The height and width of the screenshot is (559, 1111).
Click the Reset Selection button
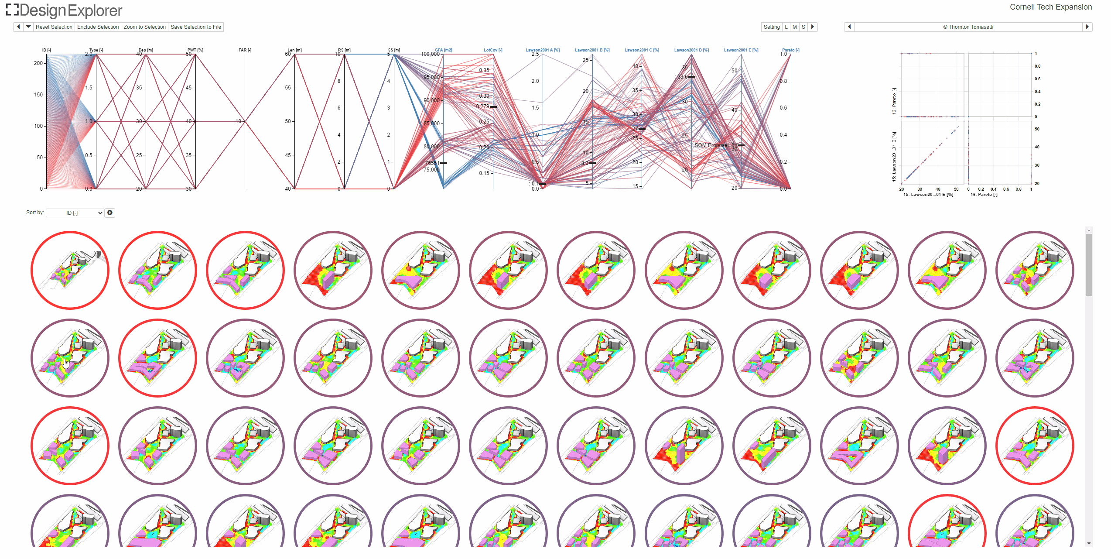pos(54,27)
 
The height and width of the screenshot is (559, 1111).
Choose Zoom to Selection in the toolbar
pos(144,27)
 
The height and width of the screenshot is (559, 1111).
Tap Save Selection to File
pos(196,27)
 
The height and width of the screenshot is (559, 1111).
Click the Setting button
pos(771,27)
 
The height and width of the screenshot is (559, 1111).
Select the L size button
pos(786,27)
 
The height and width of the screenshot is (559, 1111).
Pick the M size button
pos(794,27)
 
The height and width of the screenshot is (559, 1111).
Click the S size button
pos(803,27)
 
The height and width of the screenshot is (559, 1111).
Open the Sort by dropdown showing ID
pos(75,213)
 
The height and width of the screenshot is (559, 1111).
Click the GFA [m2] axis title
pos(443,50)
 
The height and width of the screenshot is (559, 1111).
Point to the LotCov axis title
pos(493,50)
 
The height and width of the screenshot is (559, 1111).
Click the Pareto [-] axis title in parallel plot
pos(790,50)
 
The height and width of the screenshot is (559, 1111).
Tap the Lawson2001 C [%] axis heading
pos(642,50)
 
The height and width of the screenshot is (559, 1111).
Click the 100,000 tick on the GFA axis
pos(430,54)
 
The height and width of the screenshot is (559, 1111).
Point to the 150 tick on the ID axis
pos(38,95)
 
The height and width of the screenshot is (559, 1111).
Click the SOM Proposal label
pos(711,145)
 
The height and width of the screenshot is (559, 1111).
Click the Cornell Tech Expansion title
pos(1050,7)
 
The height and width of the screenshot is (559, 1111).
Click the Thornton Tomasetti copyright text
pos(968,27)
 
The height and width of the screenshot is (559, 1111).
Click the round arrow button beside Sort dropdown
pos(110,213)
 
